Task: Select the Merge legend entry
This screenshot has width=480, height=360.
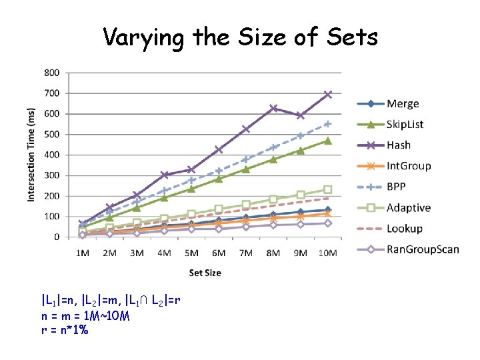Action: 403,103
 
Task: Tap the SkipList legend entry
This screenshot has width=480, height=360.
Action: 405,124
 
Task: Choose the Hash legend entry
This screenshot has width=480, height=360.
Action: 399,145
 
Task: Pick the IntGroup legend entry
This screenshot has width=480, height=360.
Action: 409,166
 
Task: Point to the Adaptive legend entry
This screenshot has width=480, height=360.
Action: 408,207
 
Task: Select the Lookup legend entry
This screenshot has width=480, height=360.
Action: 405,228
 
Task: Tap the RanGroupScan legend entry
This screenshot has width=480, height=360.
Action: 423,249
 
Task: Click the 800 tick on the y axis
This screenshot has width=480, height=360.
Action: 51,72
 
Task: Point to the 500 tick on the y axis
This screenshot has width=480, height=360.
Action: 51,134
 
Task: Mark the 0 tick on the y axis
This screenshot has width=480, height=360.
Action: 56,237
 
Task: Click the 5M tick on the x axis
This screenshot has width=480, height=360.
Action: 191,253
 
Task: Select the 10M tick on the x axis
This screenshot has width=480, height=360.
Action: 327,253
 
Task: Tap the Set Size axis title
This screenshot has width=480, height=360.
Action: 205,272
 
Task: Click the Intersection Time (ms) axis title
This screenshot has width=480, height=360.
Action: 31,155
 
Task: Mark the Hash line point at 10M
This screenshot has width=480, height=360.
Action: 327,95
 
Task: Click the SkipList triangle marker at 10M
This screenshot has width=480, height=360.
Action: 327,141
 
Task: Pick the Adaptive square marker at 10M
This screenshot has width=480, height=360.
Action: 327,189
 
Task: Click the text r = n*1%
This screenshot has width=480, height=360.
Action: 65,329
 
